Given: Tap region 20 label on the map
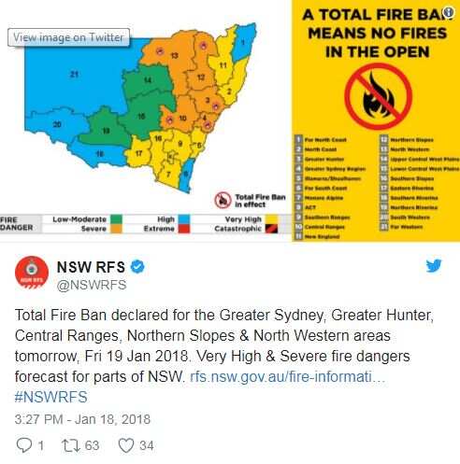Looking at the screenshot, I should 56,124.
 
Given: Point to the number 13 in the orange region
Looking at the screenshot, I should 175,56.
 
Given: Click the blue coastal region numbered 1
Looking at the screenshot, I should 241,43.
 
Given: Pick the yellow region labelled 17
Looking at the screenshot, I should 138,152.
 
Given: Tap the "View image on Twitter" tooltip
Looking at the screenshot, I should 68,36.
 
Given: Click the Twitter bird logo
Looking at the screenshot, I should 434,266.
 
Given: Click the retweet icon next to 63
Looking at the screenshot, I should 70,444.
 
